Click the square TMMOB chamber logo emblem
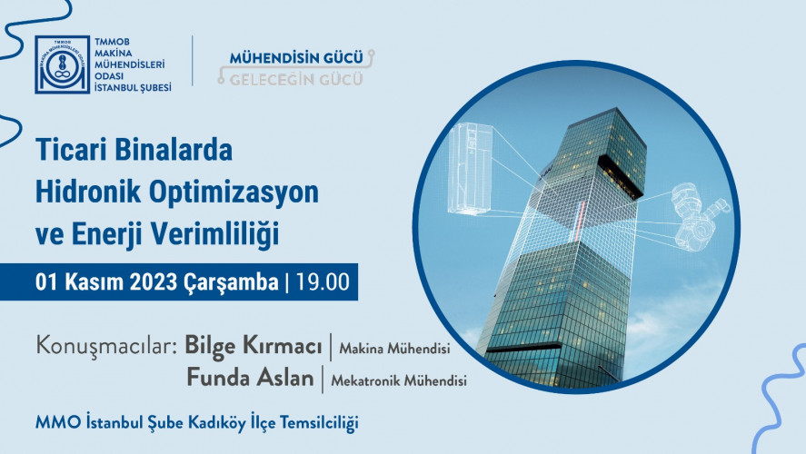pos(62,64)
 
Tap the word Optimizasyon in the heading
pos(234,193)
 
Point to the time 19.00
pos(323,282)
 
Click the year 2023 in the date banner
pos(154,282)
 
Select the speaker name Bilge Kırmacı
pos(253,346)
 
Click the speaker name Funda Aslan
pos(250,378)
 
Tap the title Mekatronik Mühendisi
pos(399,380)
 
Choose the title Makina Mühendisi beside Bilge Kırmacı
pos(394,348)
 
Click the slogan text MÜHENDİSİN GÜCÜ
pos(296,58)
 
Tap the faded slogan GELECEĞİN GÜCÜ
pos(296,79)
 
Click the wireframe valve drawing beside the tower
pos(700,217)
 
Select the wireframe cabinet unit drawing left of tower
pos(470,169)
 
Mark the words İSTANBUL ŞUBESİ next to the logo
pos(133,88)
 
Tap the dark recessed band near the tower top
pos(621,177)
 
